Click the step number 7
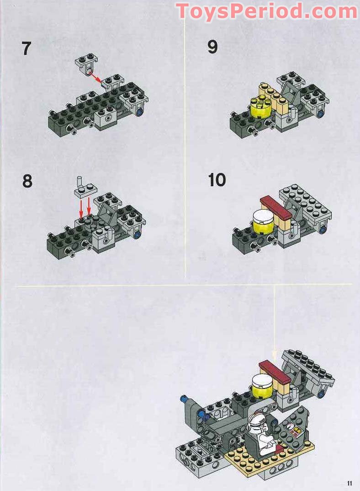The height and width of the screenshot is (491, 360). tap(27, 49)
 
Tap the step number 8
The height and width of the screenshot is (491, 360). tap(27, 181)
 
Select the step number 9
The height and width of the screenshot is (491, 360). tap(212, 47)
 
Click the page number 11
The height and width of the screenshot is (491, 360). tap(349, 483)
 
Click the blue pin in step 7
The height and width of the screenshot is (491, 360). tap(138, 110)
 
